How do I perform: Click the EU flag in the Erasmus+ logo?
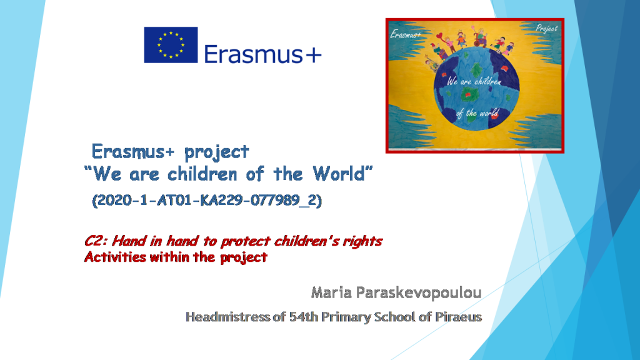[x=171, y=45]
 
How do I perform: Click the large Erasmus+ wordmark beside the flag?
[x=262, y=54]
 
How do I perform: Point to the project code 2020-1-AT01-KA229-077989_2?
[x=207, y=201]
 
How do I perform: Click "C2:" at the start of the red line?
[x=96, y=241]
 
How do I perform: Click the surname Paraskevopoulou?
[x=419, y=292]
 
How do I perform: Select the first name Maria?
[x=331, y=292]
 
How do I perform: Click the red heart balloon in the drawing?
[x=444, y=37]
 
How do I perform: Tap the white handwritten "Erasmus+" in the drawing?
[x=406, y=34]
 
